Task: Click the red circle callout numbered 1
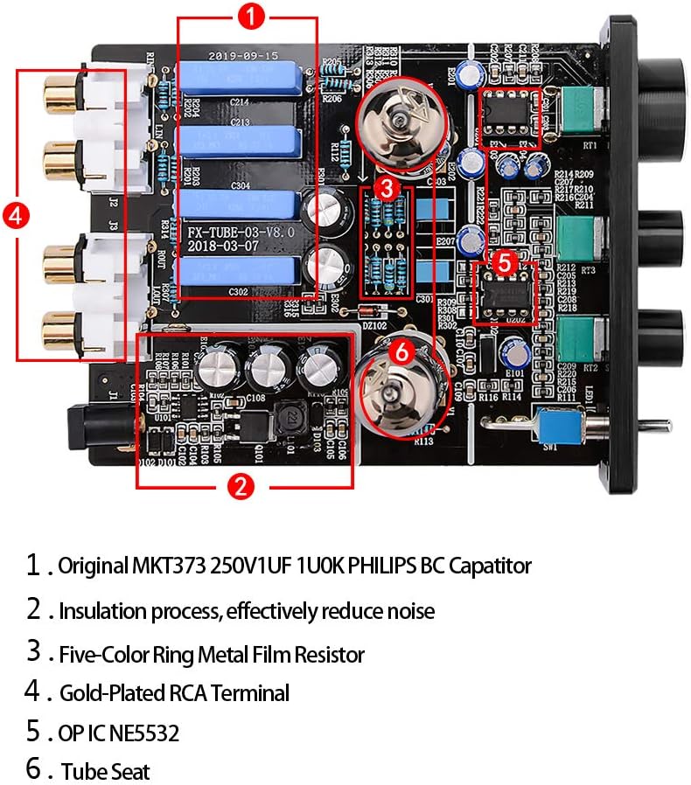click(x=251, y=15)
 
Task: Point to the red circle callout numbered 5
click(x=502, y=261)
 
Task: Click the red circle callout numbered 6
click(x=400, y=351)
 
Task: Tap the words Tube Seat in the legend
click(x=105, y=772)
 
